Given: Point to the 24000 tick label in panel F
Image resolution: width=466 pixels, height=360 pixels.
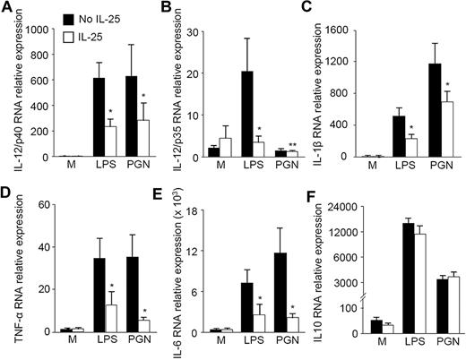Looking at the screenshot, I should point(367,208).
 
